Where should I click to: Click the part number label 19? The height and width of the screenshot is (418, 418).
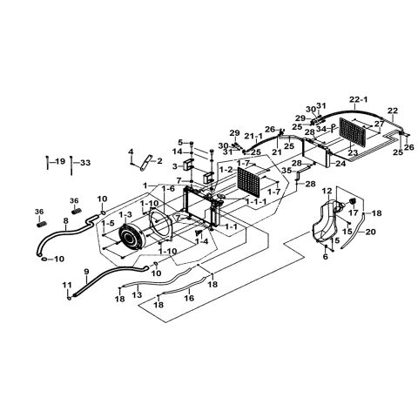(x=59, y=162)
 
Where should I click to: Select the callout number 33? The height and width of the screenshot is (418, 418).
(x=84, y=162)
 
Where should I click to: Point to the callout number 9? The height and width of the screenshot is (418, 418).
(x=86, y=272)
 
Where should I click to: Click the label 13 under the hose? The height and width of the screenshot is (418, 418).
(x=138, y=295)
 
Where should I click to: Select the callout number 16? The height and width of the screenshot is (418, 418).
(x=187, y=297)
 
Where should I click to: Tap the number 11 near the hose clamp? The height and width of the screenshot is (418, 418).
(x=67, y=285)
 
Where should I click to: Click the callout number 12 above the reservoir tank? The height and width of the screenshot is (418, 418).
(x=327, y=191)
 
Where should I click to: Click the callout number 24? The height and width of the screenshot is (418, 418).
(x=340, y=163)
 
